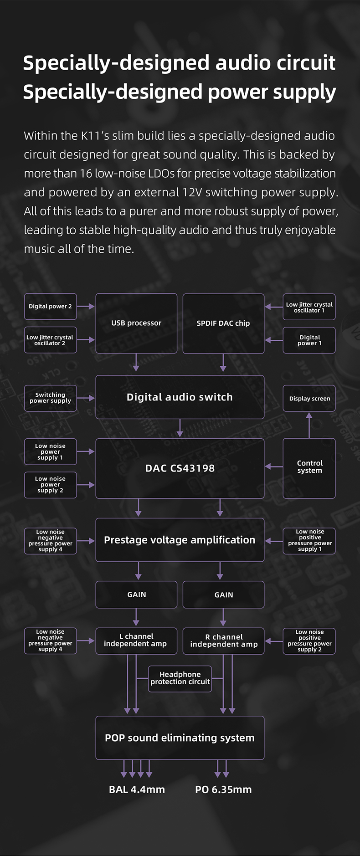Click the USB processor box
136,323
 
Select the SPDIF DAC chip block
223,323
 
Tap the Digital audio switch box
180,397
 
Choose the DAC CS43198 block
180,468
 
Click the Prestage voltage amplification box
180,540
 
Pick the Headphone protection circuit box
180,678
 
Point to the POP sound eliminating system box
180,738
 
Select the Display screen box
309,399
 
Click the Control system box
309,468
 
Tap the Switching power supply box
51,398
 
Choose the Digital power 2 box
51,307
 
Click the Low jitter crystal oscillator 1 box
309,307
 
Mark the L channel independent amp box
136,641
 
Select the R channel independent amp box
223,641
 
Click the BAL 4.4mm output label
137,789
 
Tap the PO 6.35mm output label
223,789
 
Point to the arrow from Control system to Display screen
309,425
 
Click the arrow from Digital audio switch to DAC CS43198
180,428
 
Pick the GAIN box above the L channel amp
136,595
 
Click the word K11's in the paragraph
95,136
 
